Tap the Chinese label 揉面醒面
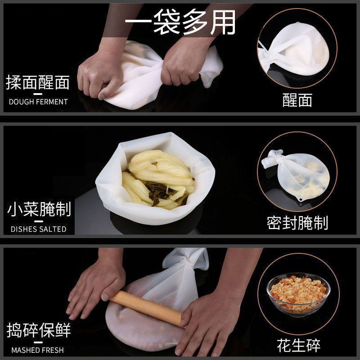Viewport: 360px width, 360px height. tap(38, 83)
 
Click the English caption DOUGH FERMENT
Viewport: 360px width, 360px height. tap(38, 102)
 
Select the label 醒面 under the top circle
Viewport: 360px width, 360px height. tap(297, 100)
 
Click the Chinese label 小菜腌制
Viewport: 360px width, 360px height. tap(39, 210)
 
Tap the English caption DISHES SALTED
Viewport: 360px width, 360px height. tap(38, 229)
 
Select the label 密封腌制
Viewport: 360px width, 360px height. tap(297, 223)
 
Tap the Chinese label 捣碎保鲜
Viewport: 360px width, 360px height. tap(39, 331)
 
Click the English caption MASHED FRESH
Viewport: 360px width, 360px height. tap(38, 350)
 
